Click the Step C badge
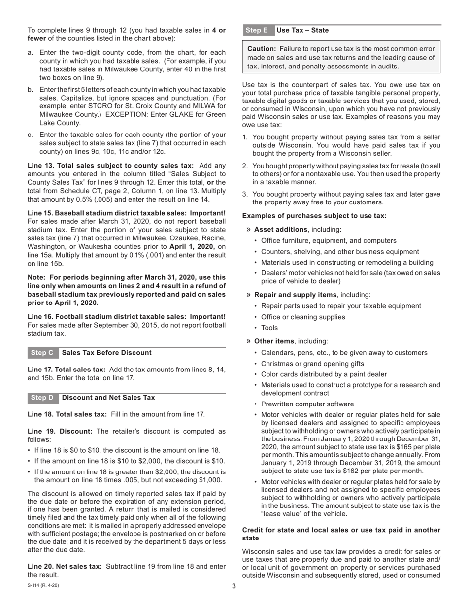click(x=42, y=353)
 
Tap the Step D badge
click(x=42, y=398)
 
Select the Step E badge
click(x=256, y=30)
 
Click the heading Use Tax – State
click(x=302, y=30)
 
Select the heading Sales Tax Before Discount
click(x=107, y=353)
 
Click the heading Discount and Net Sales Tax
click(x=108, y=398)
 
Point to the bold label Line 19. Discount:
click(x=60, y=431)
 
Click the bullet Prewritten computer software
click(x=307, y=404)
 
